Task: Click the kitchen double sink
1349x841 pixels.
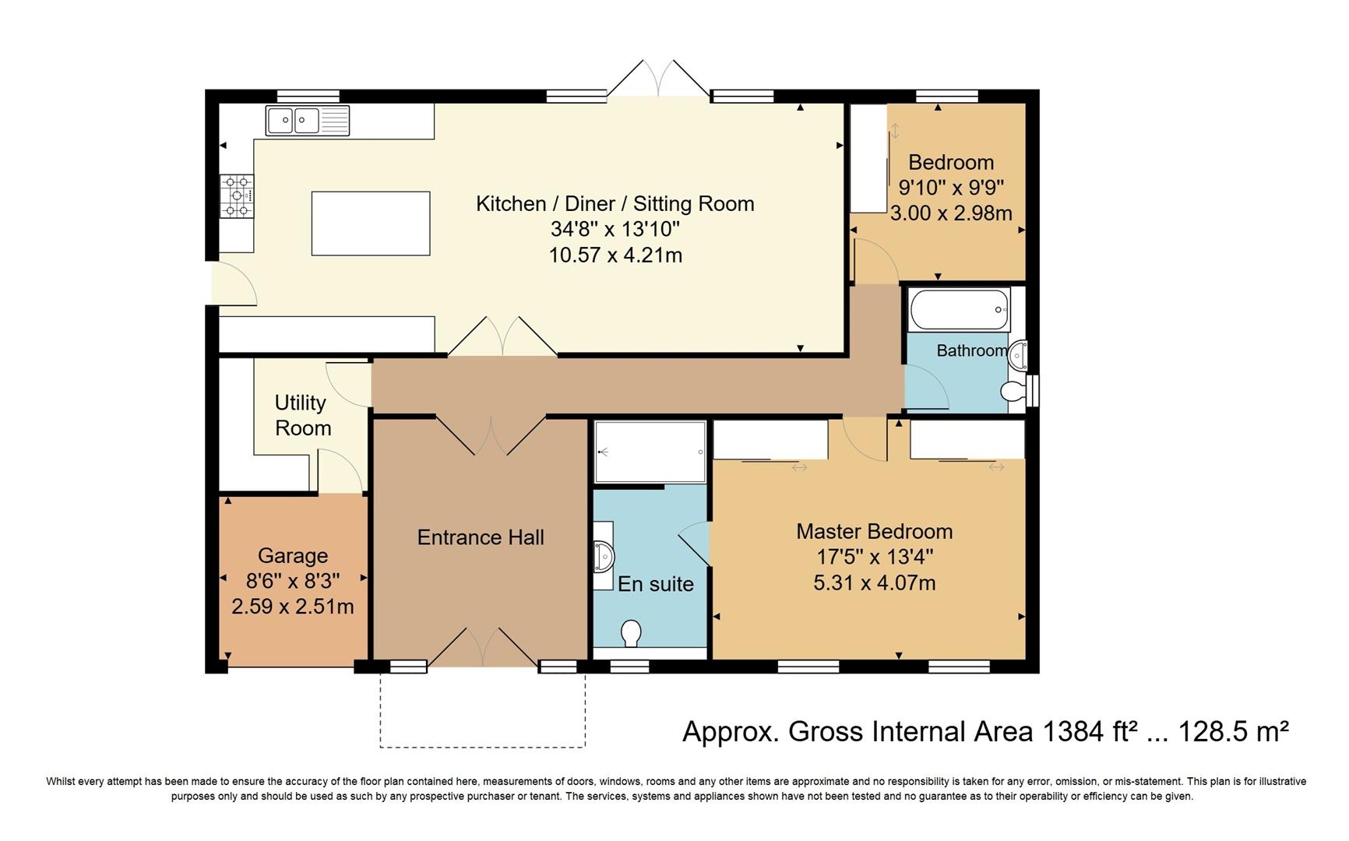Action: (x=307, y=121)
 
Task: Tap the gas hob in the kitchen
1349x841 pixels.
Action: (x=237, y=195)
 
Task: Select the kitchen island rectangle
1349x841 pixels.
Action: (x=371, y=223)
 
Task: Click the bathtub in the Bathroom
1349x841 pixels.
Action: (x=959, y=309)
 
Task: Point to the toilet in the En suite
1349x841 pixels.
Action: (x=632, y=632)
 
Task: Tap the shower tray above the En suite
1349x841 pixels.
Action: (x=650, y=452)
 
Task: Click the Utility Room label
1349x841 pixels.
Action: (x=302, y=415)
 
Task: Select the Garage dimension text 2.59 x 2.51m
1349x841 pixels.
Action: (x=293, y=606)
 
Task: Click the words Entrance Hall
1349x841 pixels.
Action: (x=481, y=537)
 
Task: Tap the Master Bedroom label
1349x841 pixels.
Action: (x=874, y=532)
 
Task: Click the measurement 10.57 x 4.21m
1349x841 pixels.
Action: (x=615, y=255)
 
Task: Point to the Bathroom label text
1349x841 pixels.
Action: (x=971, y=350)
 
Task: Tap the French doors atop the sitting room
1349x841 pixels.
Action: (x=659, y=79)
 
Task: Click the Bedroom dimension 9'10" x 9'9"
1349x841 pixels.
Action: (x=951, y=188)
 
